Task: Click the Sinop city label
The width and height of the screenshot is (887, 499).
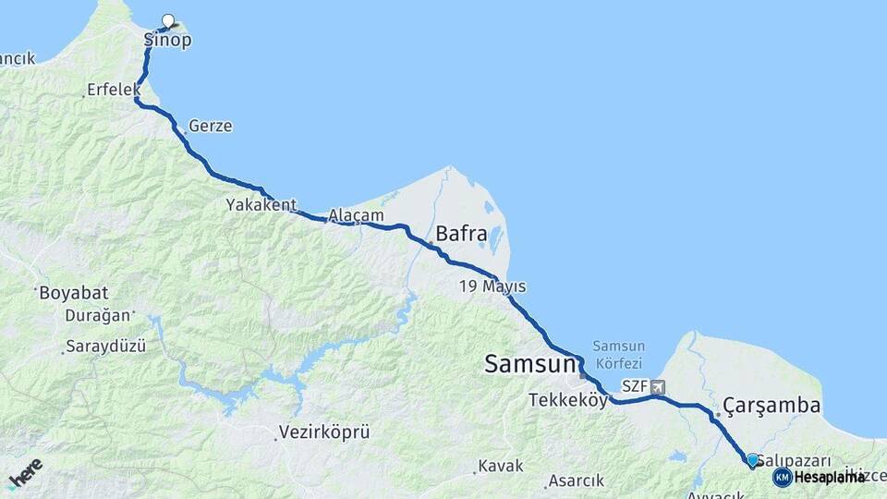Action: [168, 41]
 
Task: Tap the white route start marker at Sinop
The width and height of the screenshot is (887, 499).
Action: [168, 20]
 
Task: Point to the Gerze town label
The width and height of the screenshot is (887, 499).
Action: [210, 126]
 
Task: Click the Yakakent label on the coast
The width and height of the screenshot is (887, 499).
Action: [261, 205]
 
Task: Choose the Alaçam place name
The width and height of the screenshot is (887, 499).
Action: [356, 215]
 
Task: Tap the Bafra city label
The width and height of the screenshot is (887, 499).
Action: [461, 235]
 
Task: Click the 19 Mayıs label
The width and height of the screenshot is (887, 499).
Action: [492, 287]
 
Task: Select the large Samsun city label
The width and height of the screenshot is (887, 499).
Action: [530, 365]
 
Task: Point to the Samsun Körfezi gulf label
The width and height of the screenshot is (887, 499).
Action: [618, 356]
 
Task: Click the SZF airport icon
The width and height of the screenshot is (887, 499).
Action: [657, 387]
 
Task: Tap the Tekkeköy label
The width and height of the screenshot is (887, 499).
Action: [568, 400]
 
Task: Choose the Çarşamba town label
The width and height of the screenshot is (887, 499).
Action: [772, 405]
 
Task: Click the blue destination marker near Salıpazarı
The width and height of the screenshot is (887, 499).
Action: [752, 460]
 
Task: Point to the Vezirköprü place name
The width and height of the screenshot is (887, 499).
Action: [324, 432]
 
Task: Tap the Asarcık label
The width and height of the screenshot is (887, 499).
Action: [576, 481]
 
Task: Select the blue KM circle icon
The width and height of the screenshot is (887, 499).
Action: [783, 477]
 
